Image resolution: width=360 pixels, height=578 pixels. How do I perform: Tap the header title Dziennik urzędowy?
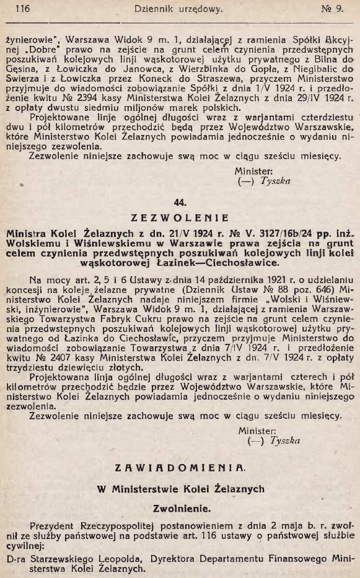point(178,9)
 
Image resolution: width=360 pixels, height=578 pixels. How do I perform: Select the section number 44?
point(180,203)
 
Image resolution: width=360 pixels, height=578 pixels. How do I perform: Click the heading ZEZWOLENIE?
point(180,218)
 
